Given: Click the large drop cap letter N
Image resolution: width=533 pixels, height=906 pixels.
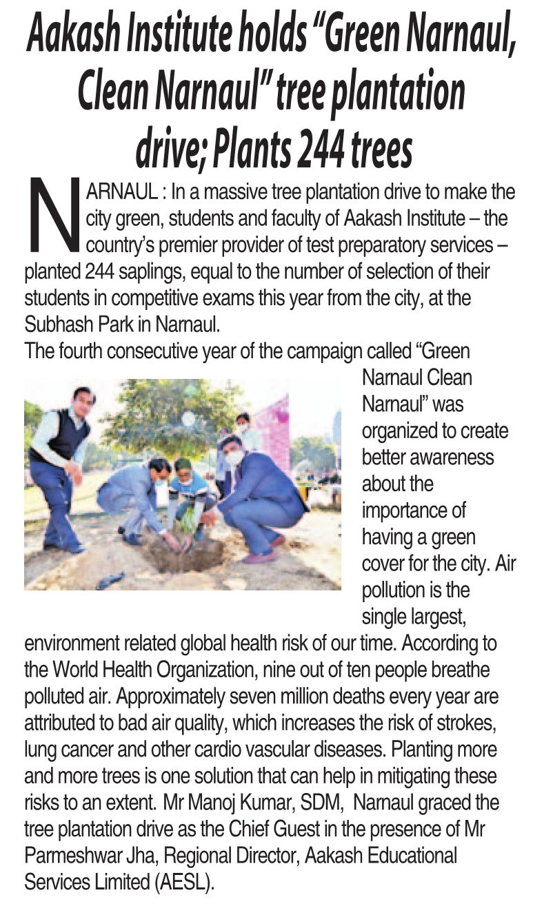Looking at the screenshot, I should coord(54,215).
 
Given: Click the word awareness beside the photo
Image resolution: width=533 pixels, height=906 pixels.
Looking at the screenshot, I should coord(456,457).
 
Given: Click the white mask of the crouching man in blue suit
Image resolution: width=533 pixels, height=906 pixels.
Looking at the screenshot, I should coord(236,457).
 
